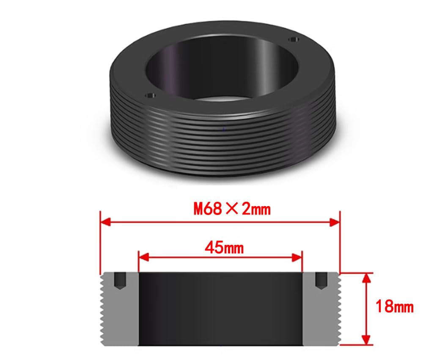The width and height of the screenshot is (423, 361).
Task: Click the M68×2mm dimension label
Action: coord(232,209)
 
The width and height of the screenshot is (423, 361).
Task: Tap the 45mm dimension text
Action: coord(224,248)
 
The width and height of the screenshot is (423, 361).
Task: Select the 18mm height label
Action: coord(394,307)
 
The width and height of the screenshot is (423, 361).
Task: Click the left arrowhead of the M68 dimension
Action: coord(105,223)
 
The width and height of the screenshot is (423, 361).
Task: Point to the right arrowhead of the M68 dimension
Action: coord(335,223)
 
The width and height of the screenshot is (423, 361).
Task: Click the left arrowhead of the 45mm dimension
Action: coord(143,257)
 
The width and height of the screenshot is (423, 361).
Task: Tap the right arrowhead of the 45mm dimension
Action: coord(297,258)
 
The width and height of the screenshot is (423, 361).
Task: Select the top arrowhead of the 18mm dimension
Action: coord(366,278)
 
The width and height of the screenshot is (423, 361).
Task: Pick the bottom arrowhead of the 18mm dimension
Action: coord(366,339)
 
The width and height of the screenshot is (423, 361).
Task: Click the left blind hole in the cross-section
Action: coord(120,281)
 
